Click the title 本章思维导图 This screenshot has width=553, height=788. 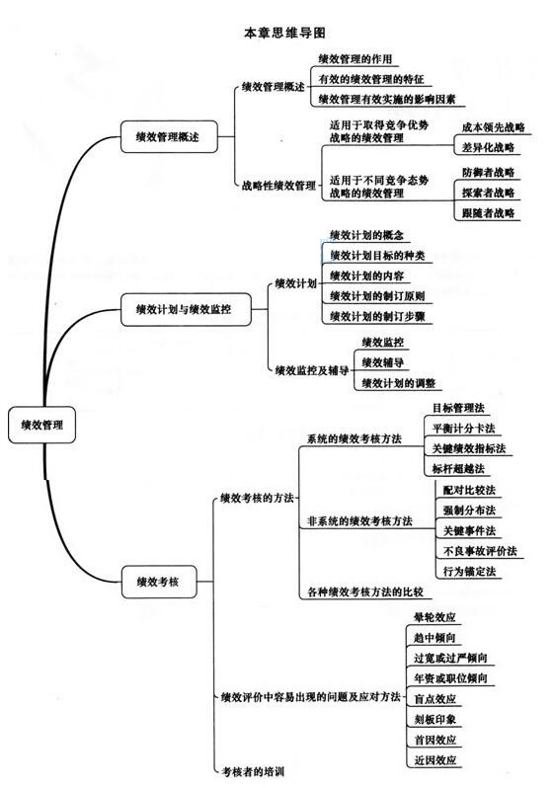pyautogui.click(x=284, y=34)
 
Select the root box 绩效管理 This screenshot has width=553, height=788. pyautogui.click(x=41, y=425)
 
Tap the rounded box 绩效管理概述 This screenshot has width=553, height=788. pyautogui.click(x=169, y=136)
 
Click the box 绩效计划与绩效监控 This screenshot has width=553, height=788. pyautogui.click(x=186, y=309)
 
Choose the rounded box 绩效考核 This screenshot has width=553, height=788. pyautogui.click(x=159, y=582)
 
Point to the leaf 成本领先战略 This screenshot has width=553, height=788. pyautogui.click(x=493, y=127)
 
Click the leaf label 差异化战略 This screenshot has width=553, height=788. pyautogui.click(x=488, y=148)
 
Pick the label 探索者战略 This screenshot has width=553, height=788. pyautogui.click(x=488, y=193)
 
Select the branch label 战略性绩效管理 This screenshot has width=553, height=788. pyautogui.click(x=278, y=186)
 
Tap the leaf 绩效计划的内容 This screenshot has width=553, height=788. pyautogui.click(x=366, y=276)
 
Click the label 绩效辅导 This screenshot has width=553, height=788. pyautogui.click(x=382, y=362)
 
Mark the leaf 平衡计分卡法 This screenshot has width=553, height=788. pyautogui.click(x=463, y=429)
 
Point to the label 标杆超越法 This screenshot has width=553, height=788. pyautogui.click(x=458, y=469)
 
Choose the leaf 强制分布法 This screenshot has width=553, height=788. pyautogui.click(x=469, y=511)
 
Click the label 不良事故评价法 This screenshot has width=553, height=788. pyautogui.click(x=480, y=551)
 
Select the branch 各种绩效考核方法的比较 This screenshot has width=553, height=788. pyautogui.click(x=365, y=592)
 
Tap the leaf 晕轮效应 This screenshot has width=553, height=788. pyautogui.click(x=434, y=617)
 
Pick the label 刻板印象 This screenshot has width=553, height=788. pyautogui.click(x=434, y=720)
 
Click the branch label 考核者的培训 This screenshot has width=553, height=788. pyautogui.click(x=254, y=771)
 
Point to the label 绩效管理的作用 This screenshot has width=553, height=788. pyautogui.click(x=355, y=59)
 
